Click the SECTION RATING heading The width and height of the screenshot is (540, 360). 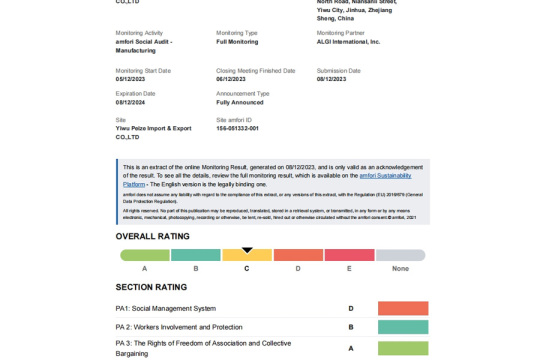[151, 287]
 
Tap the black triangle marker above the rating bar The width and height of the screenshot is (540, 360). [247, 250]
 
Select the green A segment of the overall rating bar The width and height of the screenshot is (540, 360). [145, 256]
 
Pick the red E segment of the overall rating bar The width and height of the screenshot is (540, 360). [349, 256]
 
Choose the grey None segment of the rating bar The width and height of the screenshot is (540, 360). [400, 256]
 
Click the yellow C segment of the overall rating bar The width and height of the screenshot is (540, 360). [247, 256]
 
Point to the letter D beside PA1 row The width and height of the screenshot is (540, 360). [351, 309]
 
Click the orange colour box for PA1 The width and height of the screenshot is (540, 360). [403, 309]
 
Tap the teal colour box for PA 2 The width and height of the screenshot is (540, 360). [403, 328]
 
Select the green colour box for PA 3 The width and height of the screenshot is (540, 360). [403, 348]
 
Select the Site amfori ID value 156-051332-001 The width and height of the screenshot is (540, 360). [237, 128]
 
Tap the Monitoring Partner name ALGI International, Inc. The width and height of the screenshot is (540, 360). [348, 42]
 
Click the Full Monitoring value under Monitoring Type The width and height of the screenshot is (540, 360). [238, 42]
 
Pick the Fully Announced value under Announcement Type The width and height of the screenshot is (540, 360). [239, 102]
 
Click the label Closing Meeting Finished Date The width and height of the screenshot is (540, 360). [255, 71]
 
